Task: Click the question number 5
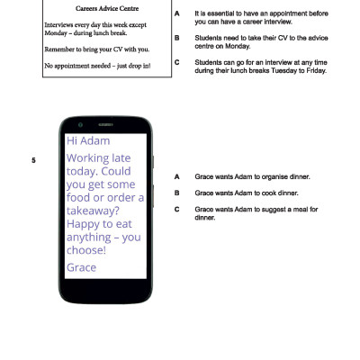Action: click(33, 160)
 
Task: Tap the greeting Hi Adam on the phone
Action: click(89, 142)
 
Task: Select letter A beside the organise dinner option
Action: click(177, 176)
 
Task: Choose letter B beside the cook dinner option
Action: click(177, 193)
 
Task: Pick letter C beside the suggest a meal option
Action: click(177, 209)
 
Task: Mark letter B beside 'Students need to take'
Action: click(177, 38)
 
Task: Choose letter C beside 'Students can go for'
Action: click(177, 62)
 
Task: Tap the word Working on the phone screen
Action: click(93, 159)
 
